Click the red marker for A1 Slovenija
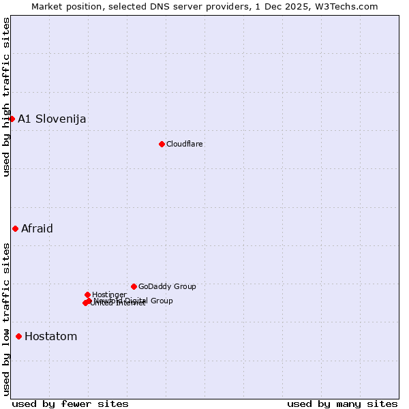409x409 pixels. [12, 119]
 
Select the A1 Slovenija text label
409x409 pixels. [52, 119]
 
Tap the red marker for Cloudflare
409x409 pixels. [162, 144]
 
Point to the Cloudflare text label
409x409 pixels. [185, 145]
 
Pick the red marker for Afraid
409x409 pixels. [15, 228]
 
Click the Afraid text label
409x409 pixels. [37, 229]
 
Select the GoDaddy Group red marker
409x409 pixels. [134, 286]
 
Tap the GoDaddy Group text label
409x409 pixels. [167, 287]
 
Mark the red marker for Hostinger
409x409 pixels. [87, 294]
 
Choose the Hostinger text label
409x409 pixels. [109, 295]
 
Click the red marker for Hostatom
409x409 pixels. [18, 336]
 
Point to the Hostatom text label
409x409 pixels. [51, 337]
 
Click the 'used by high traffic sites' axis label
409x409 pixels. [7, 97]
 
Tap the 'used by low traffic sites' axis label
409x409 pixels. [7, 319]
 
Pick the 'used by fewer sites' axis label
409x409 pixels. [70, 404]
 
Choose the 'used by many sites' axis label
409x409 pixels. [342, 404]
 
